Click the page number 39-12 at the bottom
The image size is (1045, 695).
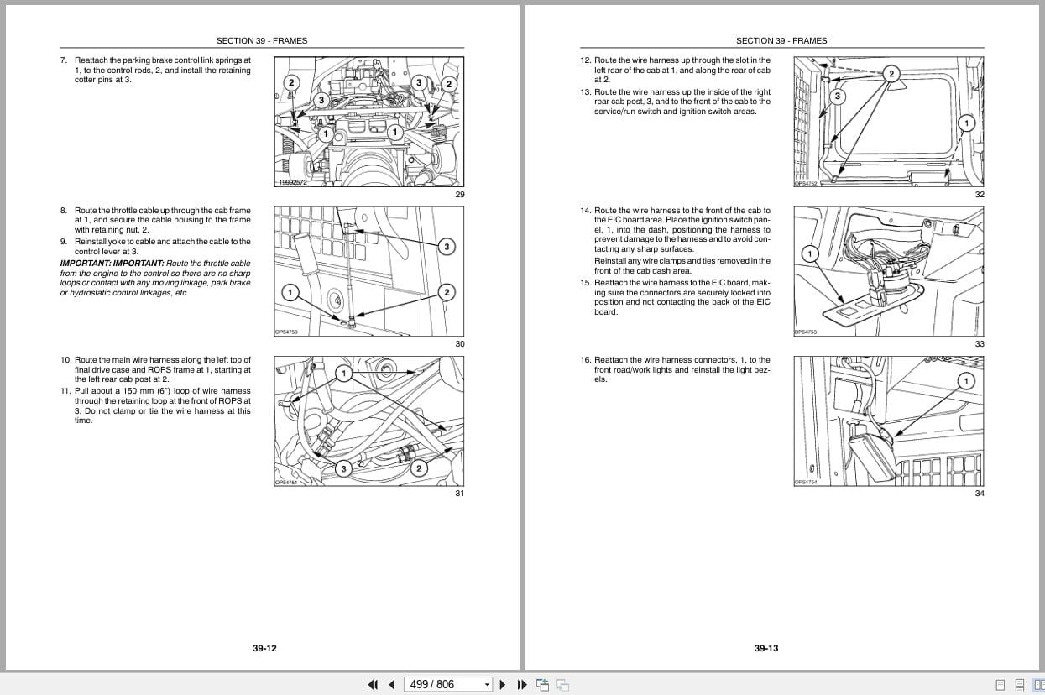click(x=264, y=648)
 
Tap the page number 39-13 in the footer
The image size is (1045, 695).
click(x=765, y=648)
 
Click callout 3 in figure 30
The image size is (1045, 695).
click(x=447, y=246)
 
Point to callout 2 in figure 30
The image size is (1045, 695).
click(x=447, y=292)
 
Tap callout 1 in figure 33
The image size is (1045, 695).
click(x=810, y=253)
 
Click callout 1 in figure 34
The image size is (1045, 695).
click(x=965, y=380)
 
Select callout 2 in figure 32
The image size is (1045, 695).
click(x=891, y=74)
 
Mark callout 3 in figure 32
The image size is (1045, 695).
click(x=836, y=96)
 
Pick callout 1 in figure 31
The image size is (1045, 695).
click(x=342, y=373)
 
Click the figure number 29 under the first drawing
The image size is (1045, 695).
click(x=459, y=195)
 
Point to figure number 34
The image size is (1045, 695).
click(x=979, y=494)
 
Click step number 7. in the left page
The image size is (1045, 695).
click(x=64, y=60)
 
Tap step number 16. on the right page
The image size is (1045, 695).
click(x=585, y=360)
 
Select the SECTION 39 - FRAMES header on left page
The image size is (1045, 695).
click(x=262, y=40)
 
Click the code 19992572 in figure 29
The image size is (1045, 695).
click(x=293, y=182)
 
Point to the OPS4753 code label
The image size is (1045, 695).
click(x=806, y=332)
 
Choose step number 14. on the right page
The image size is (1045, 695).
click(x=585, y=211)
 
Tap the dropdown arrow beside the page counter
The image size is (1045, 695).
click(x=487, y=685)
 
